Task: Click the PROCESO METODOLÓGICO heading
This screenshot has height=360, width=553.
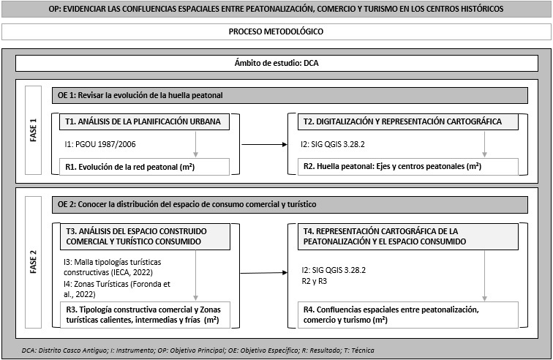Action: (x=276, y=32)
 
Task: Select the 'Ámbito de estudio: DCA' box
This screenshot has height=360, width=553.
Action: (x=276, y=63)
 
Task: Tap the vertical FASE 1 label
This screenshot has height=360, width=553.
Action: (x=33, y=132)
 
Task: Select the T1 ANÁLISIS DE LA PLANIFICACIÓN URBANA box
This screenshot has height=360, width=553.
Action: (x=140, y=121)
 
